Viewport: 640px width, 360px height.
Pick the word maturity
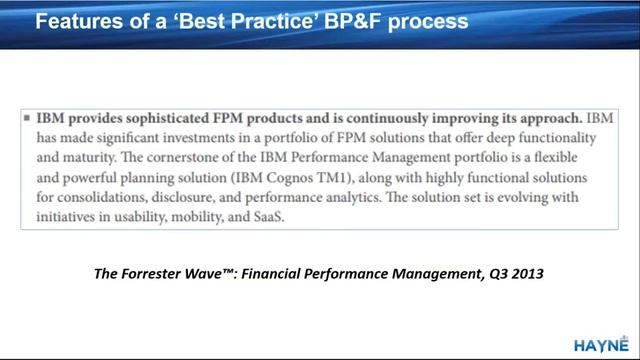coord(101,157)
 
